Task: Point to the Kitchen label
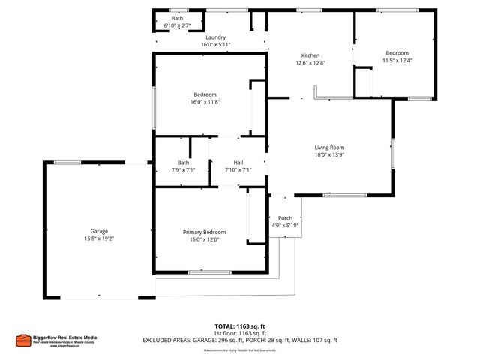pyautogui.click(x=310, y=55)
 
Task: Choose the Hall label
pyautogui.click(x=238, y=163)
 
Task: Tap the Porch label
pyautogui.click(x=285, y=219)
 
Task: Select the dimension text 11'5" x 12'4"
pyautogui.click(x=397, y=60)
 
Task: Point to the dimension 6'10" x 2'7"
pyautogui.click(x=177, y=25)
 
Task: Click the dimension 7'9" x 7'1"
pyautogui.click(x=183, y=170)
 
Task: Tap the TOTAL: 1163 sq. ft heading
pyautogui.click(x=240, y=326)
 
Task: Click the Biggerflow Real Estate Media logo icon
pyautogui.click(x=23, y=340)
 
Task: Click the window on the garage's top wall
pyautogui.click(x=67, y=162)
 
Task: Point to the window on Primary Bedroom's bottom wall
pyautogui.click(x=209, y=272)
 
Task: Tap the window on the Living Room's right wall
pyautogui.click(x=392, y=154)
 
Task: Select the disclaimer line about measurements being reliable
pyautogui.click(x=240, y=349)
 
